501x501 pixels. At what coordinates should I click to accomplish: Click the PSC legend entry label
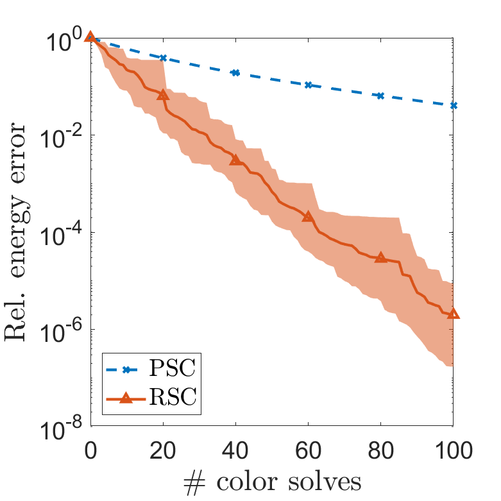point(172,368)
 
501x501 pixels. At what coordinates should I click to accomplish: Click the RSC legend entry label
point(173,396)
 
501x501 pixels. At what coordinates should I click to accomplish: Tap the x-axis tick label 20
point(163,450)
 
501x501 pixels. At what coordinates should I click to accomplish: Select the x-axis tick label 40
point(235,450)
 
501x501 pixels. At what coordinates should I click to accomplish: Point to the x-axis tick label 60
point(308,450)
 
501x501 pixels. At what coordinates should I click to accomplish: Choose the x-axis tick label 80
point(380,450)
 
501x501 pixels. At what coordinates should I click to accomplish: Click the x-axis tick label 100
point(454,450)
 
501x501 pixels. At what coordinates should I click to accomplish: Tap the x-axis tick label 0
point(90,450)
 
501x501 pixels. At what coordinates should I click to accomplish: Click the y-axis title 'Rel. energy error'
point(17,232)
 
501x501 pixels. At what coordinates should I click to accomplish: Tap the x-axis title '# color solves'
point(273,482)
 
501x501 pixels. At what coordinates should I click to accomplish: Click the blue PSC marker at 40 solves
point(235,73)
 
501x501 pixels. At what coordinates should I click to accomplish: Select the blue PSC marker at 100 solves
point(454,105)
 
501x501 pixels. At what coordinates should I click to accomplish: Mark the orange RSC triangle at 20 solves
point(163,95)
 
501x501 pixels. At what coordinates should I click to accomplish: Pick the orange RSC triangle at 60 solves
point(308,216)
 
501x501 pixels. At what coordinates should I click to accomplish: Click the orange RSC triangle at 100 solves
point(453,314)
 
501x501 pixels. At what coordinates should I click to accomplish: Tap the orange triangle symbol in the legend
point(126,398)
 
